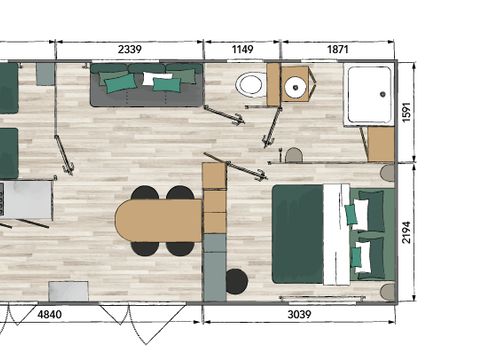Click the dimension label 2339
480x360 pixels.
(129, 49)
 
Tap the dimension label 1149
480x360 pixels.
(242, 49)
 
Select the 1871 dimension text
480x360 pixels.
(338, 49)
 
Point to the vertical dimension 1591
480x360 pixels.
(406, 111)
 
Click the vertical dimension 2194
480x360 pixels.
(406, 233)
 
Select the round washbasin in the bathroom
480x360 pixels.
(295, 88)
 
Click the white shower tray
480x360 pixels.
(368, 95)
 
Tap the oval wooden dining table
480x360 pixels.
(159, 221)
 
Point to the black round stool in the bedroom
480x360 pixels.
(236, 281)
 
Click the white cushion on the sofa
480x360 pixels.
(154, 78)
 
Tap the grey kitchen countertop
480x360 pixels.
(28, 199)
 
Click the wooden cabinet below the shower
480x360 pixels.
(381, 143)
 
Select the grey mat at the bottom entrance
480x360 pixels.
(69, 291)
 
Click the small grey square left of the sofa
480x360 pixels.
(46, 74)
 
